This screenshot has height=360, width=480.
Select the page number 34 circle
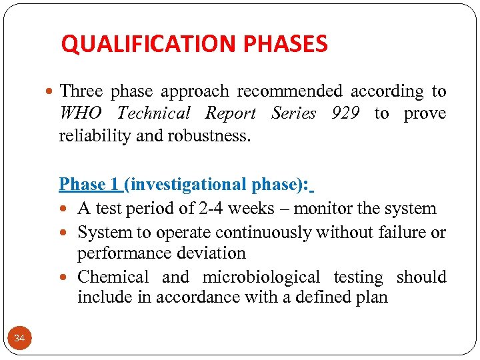click(19, 339)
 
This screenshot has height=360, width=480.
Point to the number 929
click(345, 113)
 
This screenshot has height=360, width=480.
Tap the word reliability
click(90, 136)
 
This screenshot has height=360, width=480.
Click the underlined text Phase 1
click(89, 184)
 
